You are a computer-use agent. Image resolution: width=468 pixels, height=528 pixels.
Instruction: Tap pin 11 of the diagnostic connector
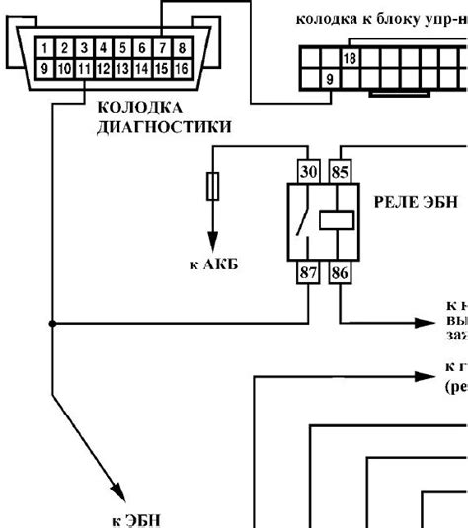(x=82, y=69)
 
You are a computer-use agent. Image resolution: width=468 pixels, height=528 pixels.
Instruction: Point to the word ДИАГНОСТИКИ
(x=164, y=126)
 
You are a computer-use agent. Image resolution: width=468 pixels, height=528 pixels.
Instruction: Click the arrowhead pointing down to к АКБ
(x=212, y=243)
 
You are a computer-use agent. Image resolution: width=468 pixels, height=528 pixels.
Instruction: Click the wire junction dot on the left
(x=53, y=323)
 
